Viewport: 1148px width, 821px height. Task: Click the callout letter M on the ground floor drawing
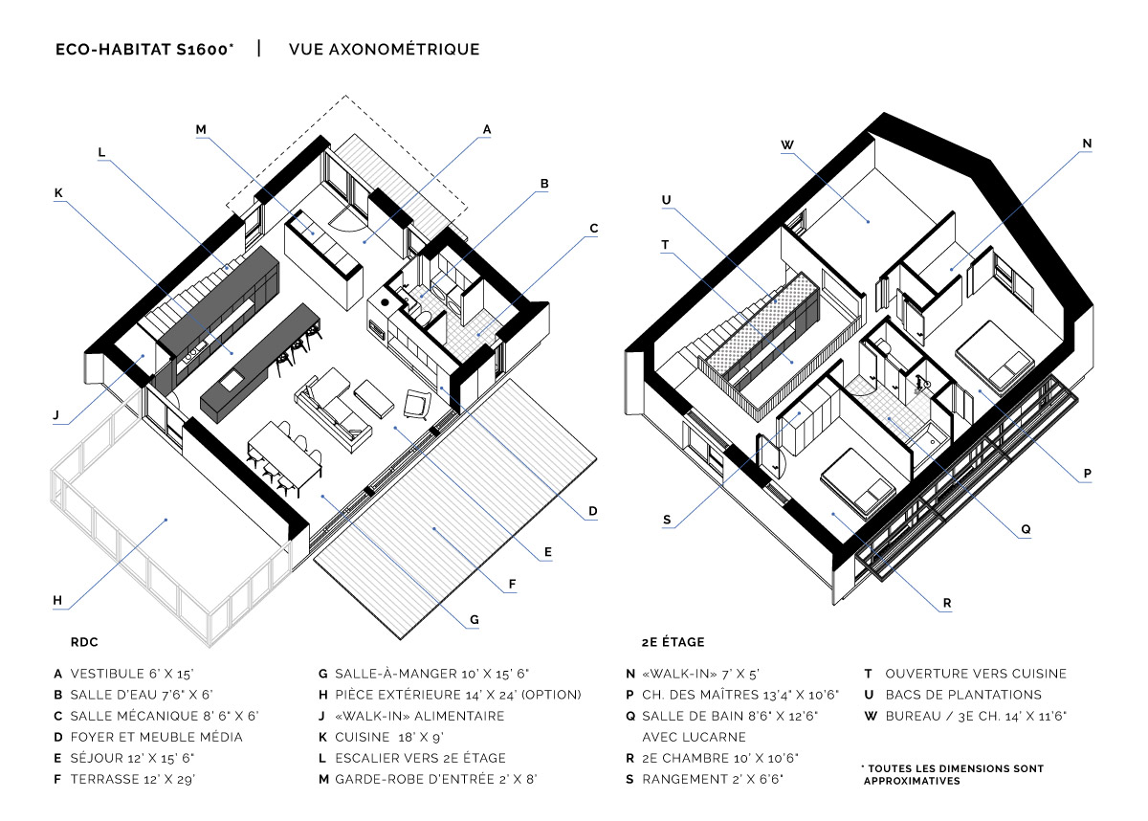[201, 130]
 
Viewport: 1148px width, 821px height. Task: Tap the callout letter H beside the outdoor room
[57, 601]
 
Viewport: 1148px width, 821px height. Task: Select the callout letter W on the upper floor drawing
[787, 145]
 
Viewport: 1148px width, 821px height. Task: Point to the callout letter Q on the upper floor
[1026, 529]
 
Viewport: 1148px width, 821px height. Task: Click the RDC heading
[84, 642]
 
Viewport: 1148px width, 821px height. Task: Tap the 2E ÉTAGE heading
[673, 642]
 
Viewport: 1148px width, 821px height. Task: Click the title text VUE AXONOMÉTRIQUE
[385, 49]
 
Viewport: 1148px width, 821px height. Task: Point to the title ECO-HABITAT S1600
[144, 49]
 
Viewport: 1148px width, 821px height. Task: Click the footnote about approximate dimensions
[953, 775]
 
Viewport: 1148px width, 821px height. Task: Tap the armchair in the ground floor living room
[418, 404]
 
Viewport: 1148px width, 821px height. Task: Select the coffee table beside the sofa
[374, 399]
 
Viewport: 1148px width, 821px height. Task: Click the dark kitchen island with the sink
[260, 363]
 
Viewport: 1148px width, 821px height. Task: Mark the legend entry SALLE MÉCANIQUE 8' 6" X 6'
[165, 716]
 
